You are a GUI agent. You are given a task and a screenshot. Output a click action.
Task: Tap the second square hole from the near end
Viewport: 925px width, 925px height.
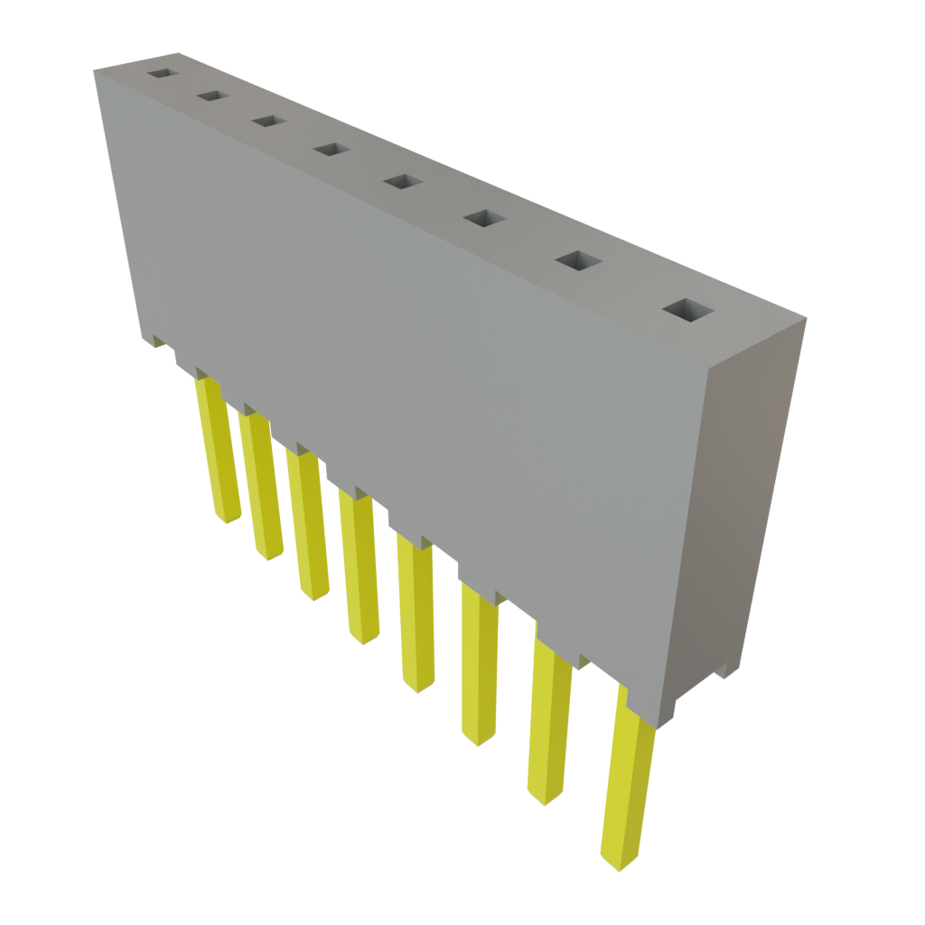(578, 261)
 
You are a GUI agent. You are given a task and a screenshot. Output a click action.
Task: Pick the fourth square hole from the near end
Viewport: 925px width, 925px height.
(403, 182)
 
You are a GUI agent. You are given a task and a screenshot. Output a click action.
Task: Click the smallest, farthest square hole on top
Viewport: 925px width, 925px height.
(162, 72)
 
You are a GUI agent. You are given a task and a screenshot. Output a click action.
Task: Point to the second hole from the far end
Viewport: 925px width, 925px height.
(212, 95)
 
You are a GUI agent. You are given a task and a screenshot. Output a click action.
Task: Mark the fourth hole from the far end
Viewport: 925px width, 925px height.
(331, 149)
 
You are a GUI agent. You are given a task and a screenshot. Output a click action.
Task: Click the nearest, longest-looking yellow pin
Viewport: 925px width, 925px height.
(626, 777)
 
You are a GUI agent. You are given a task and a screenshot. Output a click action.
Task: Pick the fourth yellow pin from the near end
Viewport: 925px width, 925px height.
(416, 614)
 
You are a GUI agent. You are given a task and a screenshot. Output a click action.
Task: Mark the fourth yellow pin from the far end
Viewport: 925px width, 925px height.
(360, 569)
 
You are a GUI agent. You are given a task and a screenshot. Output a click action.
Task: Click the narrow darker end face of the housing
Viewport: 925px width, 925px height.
(741, 506)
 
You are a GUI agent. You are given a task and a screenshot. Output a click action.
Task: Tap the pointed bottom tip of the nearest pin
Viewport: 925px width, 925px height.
(619, 863)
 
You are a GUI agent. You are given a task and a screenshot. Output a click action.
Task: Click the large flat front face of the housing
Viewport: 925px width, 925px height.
(406, 361)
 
